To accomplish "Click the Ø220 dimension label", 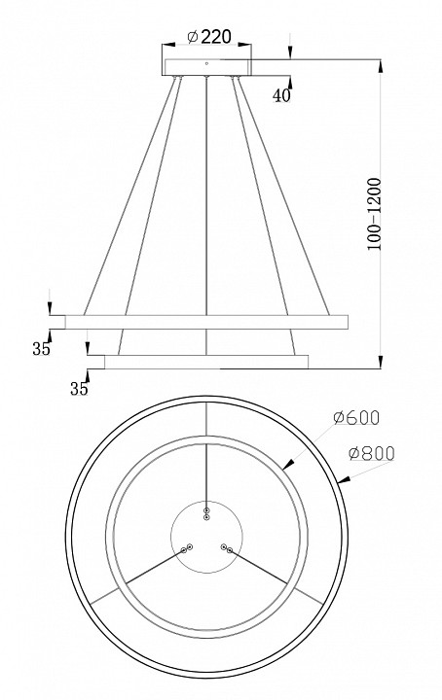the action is coord(209,37).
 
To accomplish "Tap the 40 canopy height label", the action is coord(281,95).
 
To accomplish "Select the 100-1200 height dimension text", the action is coord(374,214).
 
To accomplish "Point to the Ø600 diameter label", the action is coord(356,417).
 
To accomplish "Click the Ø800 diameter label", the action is coord(371,454).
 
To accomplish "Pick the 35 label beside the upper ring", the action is coord(41,349).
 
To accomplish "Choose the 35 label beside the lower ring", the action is coord(79,389).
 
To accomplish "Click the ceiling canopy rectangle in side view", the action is coord(207,67).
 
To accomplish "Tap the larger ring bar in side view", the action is coord(206,322).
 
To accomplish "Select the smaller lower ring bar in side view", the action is coord(206,362).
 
